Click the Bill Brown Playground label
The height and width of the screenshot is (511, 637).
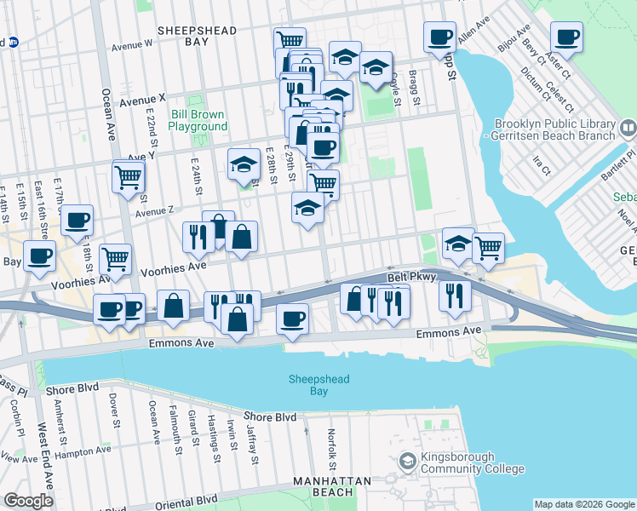pos(198,120)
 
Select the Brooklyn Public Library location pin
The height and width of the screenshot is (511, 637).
pos(628,129)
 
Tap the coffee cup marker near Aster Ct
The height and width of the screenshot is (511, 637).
pos(566,37)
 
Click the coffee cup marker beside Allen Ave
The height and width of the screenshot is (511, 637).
pos(439,37)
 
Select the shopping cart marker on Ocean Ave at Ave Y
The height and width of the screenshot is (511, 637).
pos(128,178)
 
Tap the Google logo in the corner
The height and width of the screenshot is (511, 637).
pos(28,500)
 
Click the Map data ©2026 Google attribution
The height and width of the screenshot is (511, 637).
pos(583,504)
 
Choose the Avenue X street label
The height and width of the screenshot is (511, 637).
pos(143,100)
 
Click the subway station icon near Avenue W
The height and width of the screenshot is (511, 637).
pos(12,42)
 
